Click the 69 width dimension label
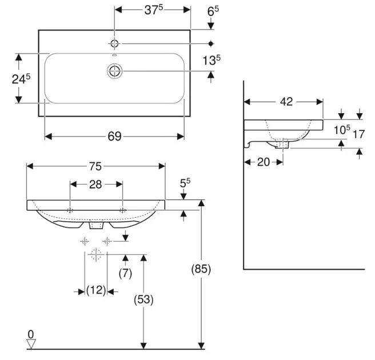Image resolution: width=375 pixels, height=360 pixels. click(114, 136)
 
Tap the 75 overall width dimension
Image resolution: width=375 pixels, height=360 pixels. click(95, 166)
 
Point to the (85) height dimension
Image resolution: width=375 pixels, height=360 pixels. click(201, 269)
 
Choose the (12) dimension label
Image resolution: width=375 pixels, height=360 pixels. click(95, 290)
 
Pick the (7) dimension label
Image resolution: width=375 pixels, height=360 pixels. click(126, 273)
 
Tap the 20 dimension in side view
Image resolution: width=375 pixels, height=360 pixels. click(264, 162)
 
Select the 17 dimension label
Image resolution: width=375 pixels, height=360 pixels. click(358, 135)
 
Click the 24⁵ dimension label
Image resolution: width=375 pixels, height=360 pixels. click(21, 79)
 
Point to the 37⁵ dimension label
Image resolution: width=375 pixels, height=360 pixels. click(152, 10)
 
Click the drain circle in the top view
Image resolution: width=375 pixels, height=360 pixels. click(115, 71)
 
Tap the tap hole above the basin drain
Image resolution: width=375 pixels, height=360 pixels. click(115, 43)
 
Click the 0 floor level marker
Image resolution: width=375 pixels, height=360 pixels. click(31, 334)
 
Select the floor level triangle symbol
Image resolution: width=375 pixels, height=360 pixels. click(31, 344)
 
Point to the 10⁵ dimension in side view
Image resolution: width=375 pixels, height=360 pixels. click(342, 130)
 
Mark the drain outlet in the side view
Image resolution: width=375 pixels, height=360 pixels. click(282, 143)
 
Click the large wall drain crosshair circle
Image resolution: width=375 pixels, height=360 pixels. click(95, 254)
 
